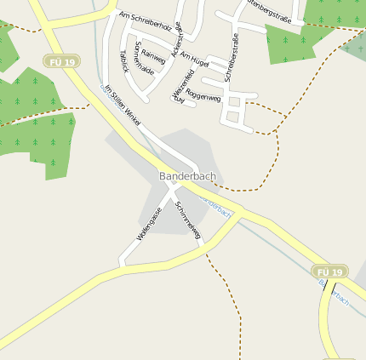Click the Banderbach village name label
(187, 176)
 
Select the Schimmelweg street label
(187, 220)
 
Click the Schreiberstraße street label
(229, 57)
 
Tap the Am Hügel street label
(194, 59)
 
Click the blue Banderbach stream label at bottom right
(334, 292)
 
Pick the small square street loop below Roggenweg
(235, 115)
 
